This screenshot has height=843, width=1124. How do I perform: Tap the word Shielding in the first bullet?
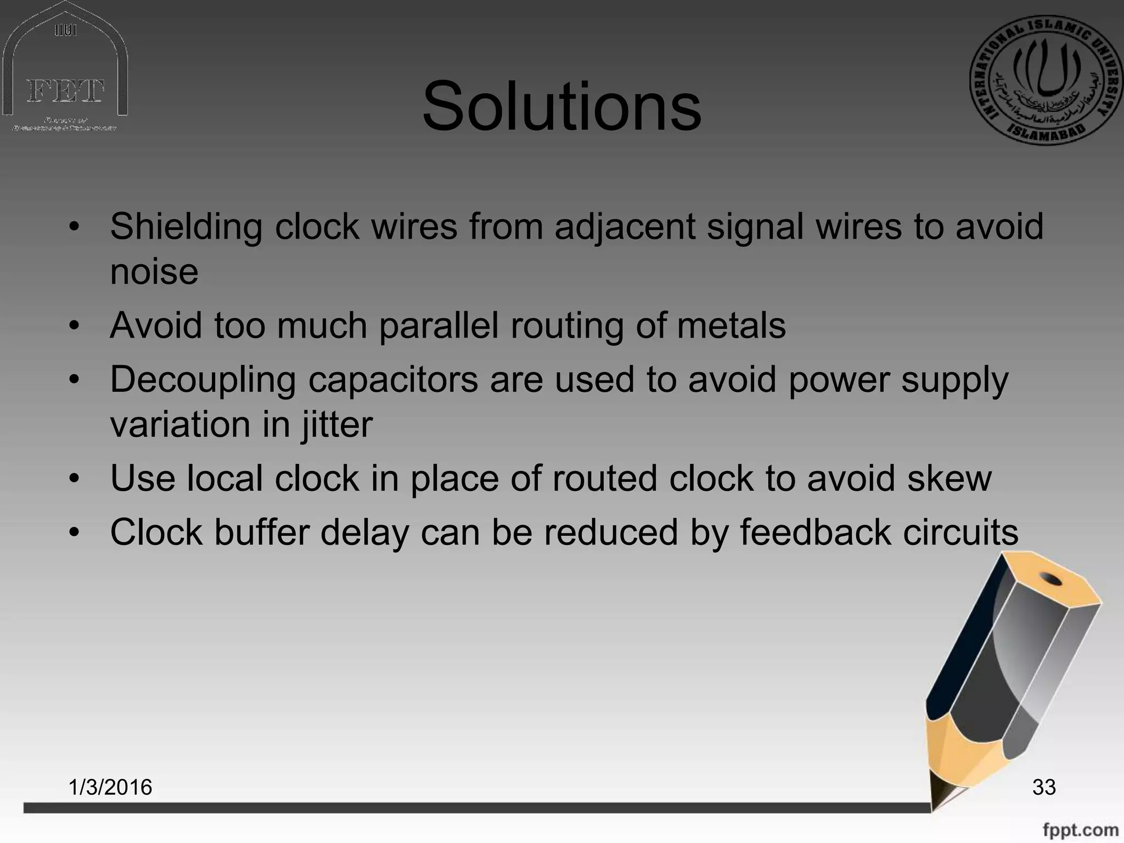pos(186,227)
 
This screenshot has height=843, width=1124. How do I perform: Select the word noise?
pos(154,272)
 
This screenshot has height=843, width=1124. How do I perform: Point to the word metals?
pos(731,325)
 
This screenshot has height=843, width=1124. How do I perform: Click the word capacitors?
pos(393,380)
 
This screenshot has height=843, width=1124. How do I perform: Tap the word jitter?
pos(336,424)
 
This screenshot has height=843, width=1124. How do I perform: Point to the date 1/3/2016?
pos(110,787)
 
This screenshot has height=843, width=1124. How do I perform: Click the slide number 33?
pos(1044,787)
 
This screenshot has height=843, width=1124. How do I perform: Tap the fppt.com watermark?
pos(1080,830)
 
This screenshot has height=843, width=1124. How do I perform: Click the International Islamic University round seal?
pos(1046,80)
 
